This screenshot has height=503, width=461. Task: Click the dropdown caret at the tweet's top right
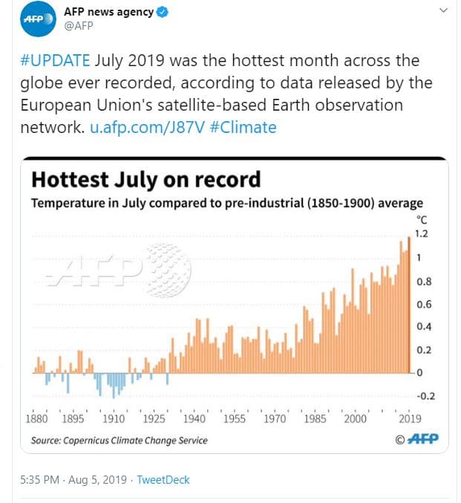click(x=443, y=11)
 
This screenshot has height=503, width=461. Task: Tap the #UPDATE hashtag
click(x=55, y=60)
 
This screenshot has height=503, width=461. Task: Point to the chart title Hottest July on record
click(x=146, y=180)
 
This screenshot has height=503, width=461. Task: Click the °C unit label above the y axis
click(x=422, y=220)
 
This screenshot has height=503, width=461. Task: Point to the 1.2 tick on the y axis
click(x=422, y=234)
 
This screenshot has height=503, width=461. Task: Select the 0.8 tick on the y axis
click(x=422, y=282)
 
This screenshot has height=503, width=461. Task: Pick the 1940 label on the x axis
click(x=194, y=418)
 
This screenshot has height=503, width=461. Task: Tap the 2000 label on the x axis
click(x=355, y=418)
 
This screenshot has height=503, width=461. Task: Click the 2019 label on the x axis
click(x=409, y=418)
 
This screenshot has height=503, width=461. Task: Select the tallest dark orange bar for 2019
click(x=409, y=305)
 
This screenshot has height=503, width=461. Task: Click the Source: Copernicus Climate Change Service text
click(x=119, y=441)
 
